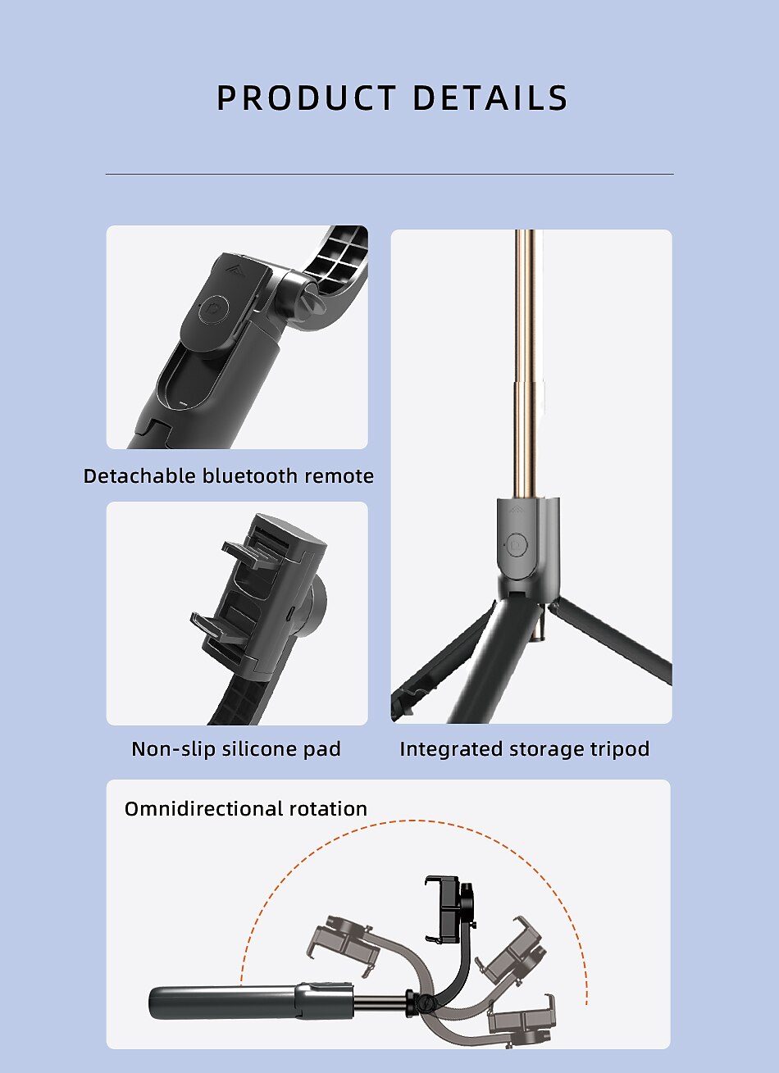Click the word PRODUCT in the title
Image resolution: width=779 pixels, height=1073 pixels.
306,98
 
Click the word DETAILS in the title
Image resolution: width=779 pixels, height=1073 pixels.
490,98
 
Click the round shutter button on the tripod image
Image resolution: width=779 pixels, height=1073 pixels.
517,544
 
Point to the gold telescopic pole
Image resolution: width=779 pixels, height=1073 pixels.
525,364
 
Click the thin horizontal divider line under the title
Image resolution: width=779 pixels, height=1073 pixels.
389,175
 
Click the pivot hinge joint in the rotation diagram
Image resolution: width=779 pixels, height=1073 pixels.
423,1003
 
